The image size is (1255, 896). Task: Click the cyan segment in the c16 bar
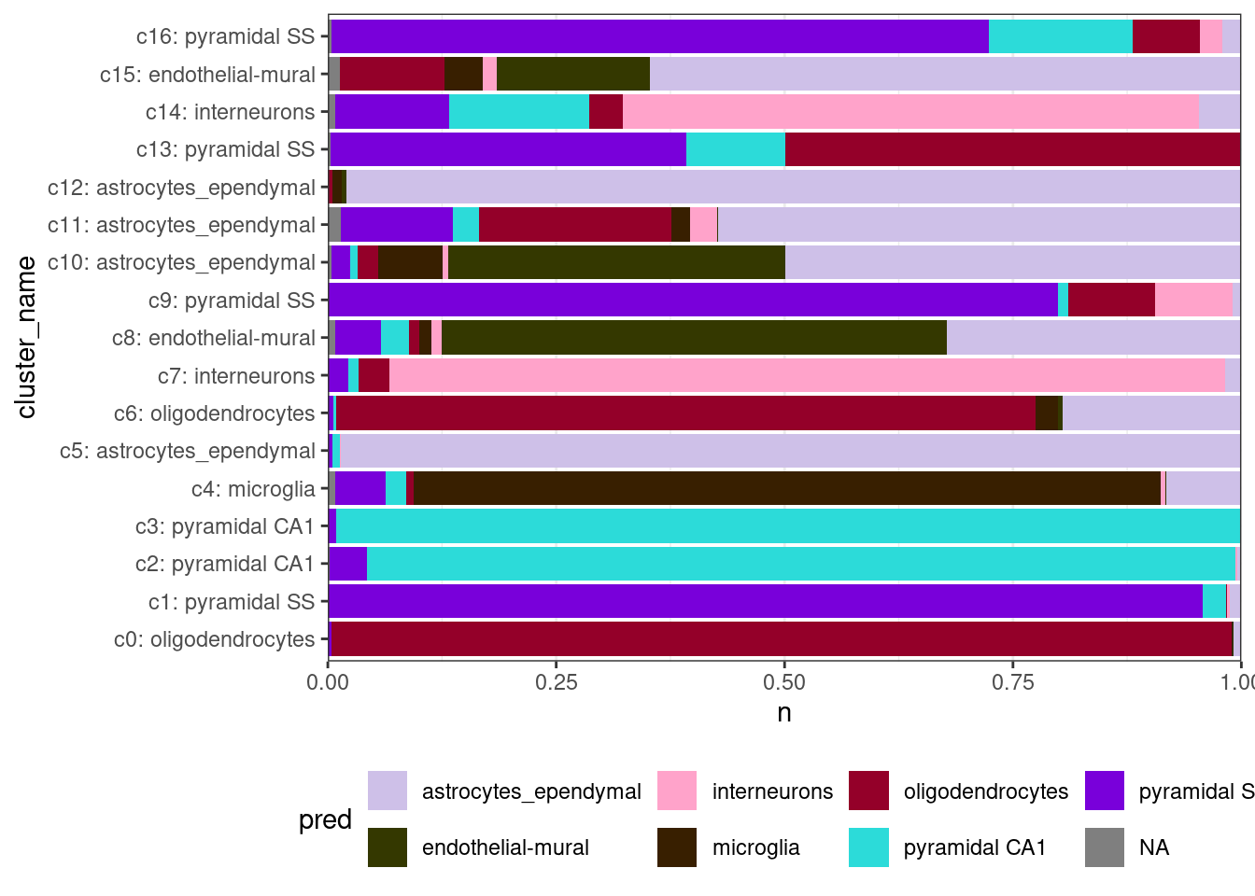1060,36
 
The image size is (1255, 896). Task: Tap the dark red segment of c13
1012,149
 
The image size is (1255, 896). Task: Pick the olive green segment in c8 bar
694,338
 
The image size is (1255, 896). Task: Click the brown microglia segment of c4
786,488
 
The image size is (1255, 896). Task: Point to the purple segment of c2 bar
348,564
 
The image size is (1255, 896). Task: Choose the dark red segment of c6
685,413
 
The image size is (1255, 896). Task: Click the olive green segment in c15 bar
572,75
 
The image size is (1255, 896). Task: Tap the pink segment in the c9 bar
1193,301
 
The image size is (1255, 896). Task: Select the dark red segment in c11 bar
575,225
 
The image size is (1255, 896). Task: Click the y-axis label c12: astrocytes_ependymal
182,188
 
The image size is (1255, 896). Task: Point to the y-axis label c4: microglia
253,489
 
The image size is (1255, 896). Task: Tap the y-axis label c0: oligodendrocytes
215,639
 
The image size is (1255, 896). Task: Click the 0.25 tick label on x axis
556,682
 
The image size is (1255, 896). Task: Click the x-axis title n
784,713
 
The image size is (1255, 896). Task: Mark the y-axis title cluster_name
26,338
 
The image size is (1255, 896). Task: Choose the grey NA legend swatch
1105,847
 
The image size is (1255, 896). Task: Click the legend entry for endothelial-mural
505,847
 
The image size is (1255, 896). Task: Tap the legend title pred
325,819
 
